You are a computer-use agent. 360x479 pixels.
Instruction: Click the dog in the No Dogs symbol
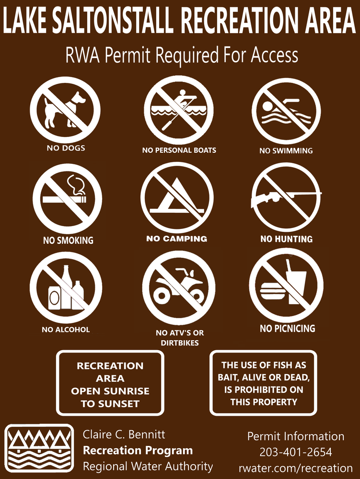point(64,110)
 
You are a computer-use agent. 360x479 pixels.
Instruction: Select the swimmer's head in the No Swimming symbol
point(267,106)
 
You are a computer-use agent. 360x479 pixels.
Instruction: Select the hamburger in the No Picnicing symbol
point(273,291)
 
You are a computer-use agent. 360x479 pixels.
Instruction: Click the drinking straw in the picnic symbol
point(289,266)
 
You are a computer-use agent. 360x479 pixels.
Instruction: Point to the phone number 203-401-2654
point(295,452)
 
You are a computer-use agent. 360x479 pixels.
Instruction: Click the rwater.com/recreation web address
point(295,468)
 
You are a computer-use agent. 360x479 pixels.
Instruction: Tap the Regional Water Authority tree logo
point(39,448)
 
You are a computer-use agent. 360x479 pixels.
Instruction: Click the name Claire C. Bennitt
point(124,434)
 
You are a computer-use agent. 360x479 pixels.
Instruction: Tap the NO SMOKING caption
point(68,240)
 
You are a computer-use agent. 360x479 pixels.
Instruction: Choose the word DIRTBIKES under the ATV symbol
point(180,343)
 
